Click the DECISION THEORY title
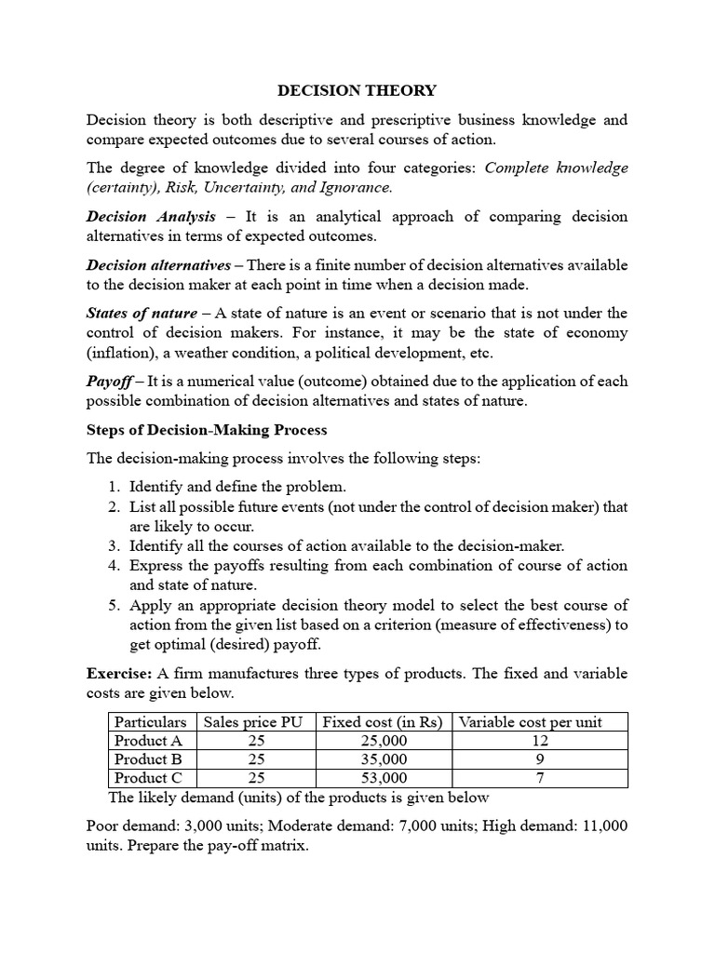357,90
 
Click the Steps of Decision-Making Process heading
207,430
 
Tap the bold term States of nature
142,313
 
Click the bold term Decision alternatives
157,264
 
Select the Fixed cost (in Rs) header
384,722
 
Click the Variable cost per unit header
531,722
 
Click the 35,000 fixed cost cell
384,759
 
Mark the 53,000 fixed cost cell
384,778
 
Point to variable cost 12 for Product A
540,741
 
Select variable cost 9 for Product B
540,759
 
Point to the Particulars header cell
149,722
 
